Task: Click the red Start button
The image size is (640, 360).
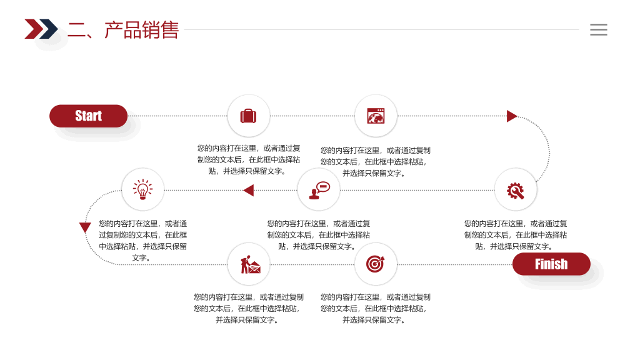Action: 88,116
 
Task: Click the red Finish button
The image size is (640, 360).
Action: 551,264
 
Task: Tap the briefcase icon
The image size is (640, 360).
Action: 248,116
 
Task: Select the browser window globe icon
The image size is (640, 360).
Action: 376,116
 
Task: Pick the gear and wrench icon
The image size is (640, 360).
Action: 516,191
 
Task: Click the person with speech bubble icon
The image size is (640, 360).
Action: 319,191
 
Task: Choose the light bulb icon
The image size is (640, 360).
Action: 143,189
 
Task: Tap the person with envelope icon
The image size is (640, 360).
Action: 250,264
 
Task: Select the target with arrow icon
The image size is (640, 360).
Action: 376,264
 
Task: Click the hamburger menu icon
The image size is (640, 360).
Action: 598,29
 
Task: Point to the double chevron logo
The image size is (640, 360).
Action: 41,29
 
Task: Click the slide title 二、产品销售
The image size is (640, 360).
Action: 123,30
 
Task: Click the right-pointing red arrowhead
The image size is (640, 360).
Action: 512,116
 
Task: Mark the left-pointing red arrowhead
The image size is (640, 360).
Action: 249,190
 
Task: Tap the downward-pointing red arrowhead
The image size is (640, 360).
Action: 85,227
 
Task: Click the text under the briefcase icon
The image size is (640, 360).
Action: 249,159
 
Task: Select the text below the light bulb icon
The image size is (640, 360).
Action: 143,241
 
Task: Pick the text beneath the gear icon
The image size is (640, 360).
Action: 516,235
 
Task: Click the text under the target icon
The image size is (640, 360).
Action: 376,309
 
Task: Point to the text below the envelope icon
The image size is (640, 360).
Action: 249,309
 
